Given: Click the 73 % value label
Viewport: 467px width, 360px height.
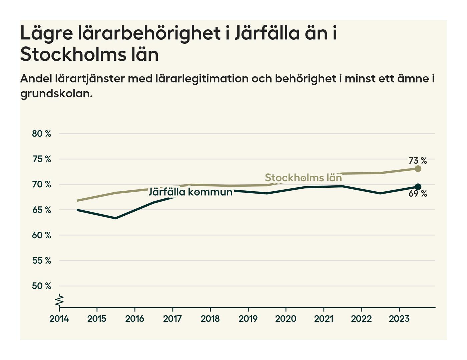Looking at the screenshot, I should (x=418, y=161).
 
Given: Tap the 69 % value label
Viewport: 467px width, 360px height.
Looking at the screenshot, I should (x=418, y=194).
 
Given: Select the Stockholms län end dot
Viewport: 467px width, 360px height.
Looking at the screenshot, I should (x=418, y=169).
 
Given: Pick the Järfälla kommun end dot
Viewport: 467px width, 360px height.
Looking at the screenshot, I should (x=418, y=187).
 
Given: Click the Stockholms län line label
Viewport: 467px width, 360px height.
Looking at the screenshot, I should (x=303, y=178).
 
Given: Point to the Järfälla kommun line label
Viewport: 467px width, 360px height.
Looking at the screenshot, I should (x=190, y=192).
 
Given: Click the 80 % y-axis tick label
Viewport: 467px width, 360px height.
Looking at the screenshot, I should (x=42, y=134).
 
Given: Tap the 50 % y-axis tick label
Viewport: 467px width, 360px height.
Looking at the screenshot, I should (x=42, y=286).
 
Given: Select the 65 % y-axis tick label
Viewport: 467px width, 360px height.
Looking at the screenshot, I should (x=42, y=210).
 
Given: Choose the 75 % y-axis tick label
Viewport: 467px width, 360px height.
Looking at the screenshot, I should (x=42, y=159).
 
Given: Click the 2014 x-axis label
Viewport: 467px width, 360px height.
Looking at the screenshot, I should (x=59, y=319).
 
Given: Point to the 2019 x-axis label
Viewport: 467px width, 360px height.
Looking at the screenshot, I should (x=248, y=319).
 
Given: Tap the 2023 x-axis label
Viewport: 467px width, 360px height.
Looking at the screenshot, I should (x=399, y=319).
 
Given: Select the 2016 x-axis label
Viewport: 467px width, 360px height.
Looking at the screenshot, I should (x=134, y=319).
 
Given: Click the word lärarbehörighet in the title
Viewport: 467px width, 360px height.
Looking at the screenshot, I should (x=150, y=33).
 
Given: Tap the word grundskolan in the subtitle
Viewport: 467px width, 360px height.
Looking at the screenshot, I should (x=56, y=94).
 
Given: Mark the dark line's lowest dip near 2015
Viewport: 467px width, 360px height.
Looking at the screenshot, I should (x=116, y=218).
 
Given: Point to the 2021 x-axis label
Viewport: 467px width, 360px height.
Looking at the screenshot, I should (x=324, y=319).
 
